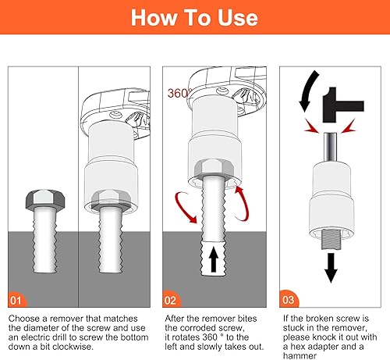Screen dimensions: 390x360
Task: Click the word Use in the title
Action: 238,18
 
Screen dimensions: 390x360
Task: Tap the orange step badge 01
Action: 16,300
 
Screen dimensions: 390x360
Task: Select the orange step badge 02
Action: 171,300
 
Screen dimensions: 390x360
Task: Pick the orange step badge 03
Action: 289,299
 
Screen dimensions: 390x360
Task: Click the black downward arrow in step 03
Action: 331,268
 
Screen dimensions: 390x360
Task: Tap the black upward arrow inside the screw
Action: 214,259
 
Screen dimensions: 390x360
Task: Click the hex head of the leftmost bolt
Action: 45,199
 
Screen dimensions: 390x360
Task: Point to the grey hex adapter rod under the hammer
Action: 331,148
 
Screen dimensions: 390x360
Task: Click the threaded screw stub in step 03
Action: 331,240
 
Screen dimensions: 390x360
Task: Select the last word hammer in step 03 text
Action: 300,356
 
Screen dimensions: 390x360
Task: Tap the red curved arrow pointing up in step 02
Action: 242,204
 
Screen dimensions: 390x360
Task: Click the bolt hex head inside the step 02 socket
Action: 214,169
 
